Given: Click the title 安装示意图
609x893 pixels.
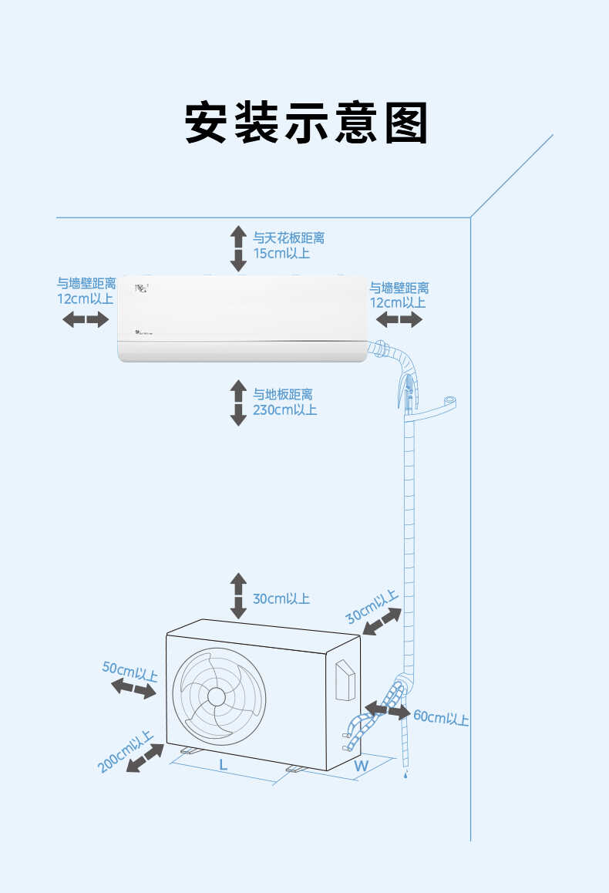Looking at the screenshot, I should pyautogui.click(x=305, y=123).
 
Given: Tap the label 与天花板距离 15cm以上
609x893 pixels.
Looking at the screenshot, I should pyautogui.click(x=288, y=245).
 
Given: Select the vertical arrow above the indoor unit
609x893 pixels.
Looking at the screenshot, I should pyautogui.click(x=238, y=248).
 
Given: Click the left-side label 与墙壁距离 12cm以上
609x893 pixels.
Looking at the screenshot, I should pyautogui.click(x=86, y=291).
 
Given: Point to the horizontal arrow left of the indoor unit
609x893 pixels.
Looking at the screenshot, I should pyautogui.click(x=86, y=319).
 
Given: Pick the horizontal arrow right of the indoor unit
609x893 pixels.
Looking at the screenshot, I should pyautogui.click(x=399, y=319).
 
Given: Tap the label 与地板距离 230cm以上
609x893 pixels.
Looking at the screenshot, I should pyautogui.click(x=284, y=402).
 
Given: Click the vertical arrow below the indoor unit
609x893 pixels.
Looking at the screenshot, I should pyautogui.click(x=238, y=403).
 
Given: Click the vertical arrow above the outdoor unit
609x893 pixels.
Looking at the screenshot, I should pyautogui.click(x=238, y=595).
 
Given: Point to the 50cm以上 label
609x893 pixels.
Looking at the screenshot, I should pyautogui.click(x=130, y=671).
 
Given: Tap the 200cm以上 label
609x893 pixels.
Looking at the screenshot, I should pyautogui.click(x=125, y=752).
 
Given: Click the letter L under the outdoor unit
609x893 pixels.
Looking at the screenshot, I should pyautogui.click(x=223, y=765).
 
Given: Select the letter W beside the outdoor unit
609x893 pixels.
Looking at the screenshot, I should pyautogui.click(x=361, y=766).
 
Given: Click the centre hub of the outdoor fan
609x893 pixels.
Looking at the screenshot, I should pyautogui.click(x=217, y=696).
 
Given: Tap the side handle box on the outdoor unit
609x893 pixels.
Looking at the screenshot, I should pyautogui.click(x=345, y=680).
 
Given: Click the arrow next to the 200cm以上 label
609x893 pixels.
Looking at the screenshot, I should pyautogui.click(x=144, y=757).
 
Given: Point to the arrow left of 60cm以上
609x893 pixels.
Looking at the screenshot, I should pyautogui.click(x=387, y=709).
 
